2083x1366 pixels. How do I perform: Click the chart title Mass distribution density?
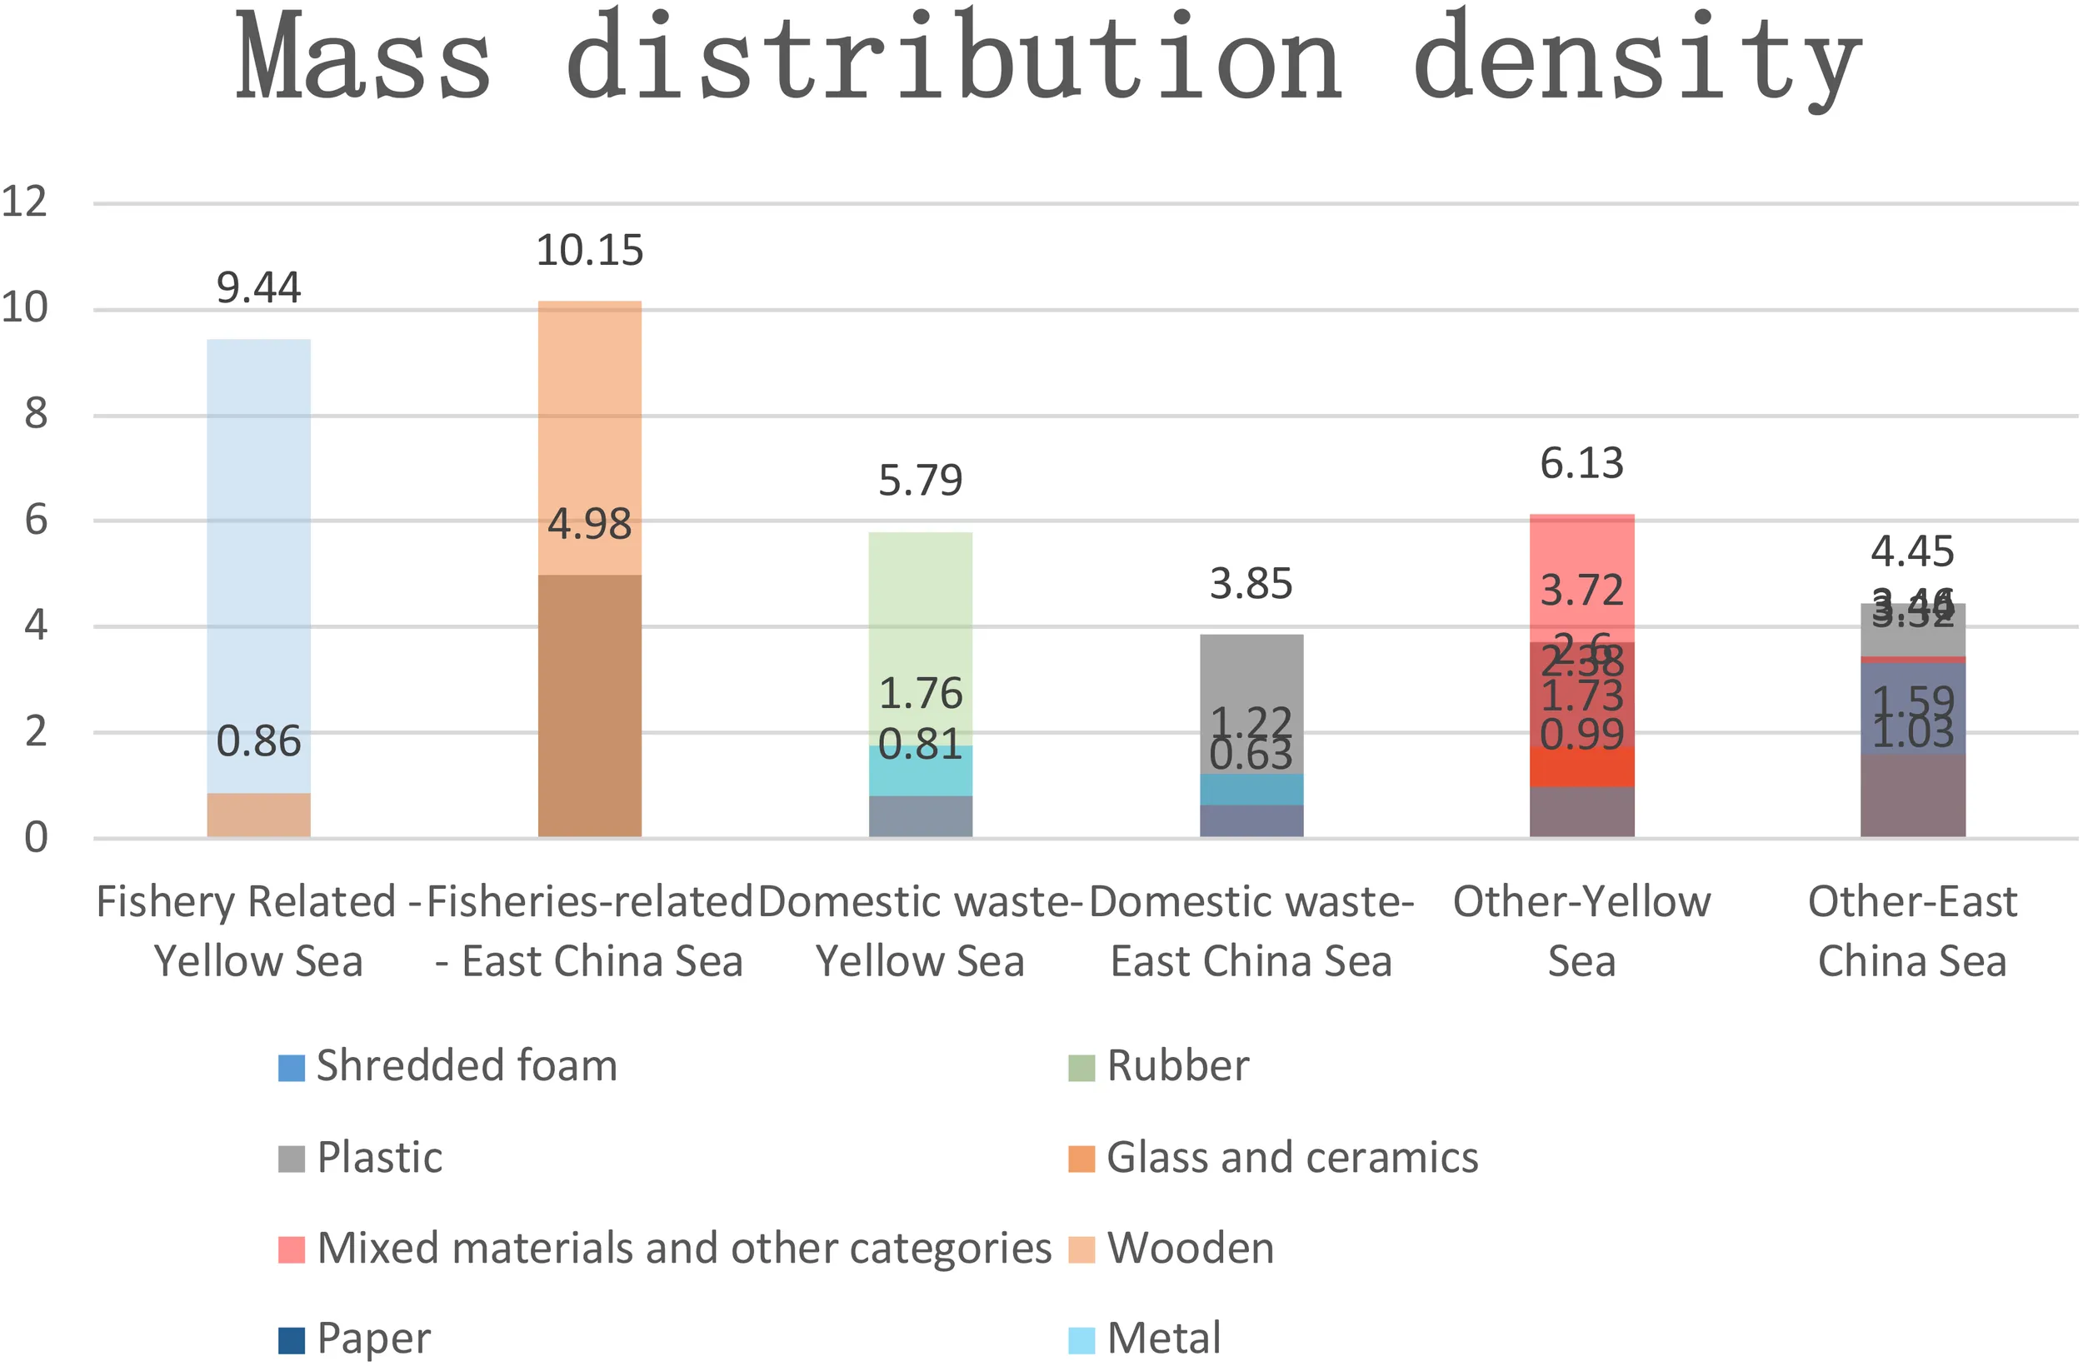tap(1047, 57)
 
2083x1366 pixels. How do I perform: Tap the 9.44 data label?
tap(258, 288)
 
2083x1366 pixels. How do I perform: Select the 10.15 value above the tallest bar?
tap(589, 252)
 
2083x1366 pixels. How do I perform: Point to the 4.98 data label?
tap(589, 524)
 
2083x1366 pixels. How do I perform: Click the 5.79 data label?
tap(920, 481)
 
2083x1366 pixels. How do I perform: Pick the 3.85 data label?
tap(1251, 584)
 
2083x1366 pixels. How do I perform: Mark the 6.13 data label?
tap(1581, 463)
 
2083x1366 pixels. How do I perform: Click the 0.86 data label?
tap(258, 742)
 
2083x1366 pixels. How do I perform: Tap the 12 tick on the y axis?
tap(24, 202)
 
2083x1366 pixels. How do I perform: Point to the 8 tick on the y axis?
tap(35, 414)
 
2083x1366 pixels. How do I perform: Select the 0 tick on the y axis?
tap(35, 837)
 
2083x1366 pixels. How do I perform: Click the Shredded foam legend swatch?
tap(292, 1068)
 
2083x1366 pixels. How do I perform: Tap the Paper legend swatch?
tap(292, 1339)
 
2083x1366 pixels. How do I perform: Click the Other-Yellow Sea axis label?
tap(1581, 931)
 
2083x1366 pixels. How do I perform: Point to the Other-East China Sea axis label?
tap(1912, 931)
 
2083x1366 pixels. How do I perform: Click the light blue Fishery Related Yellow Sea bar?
tap(258, 560)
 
